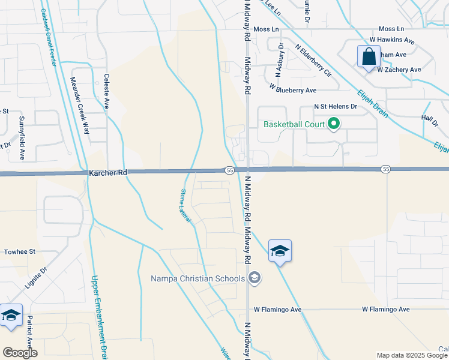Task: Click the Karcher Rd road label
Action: click(108, 173)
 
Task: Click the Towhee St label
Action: click(20, 252)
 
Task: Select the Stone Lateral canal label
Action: click(185, 206)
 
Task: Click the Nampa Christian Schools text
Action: click(197, 278)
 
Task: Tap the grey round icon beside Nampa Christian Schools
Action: click(255, 277)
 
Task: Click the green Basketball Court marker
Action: click(335, 125)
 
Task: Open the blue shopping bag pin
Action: click(368, 58)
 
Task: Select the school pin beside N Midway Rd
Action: click(280, 250)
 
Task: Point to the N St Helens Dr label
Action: click(336, 106)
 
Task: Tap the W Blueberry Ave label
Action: click(292, 90)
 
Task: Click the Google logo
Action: click(20, 353)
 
